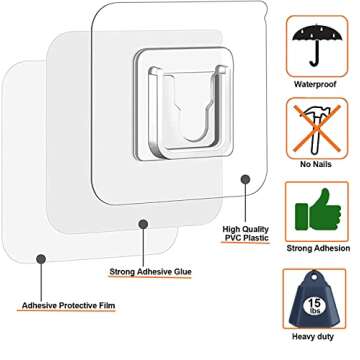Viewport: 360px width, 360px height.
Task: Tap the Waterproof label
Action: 317,84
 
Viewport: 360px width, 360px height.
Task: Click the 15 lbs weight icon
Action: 317,297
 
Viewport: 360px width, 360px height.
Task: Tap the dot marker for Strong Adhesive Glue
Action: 146,224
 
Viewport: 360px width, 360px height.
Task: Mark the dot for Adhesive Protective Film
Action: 39,258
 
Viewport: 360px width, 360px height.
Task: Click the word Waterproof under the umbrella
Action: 317,84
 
